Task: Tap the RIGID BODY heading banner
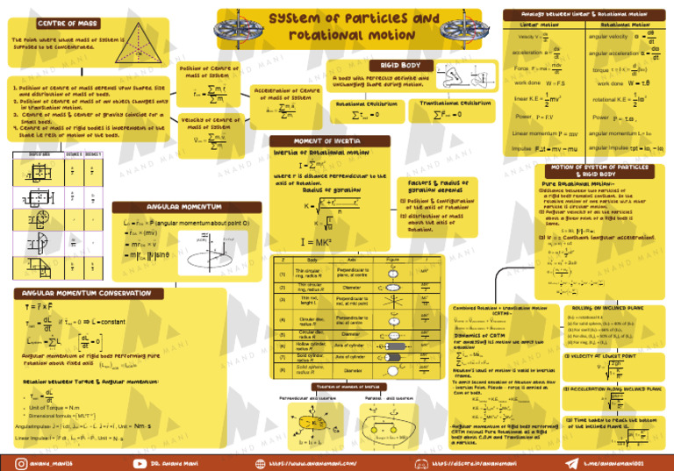coord(399,65)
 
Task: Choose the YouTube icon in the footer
coord(138,461)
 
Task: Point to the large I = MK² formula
coord(315,241)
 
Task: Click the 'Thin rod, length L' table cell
coord(309,301)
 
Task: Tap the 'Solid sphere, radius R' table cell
coord(310,370)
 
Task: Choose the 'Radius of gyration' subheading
coord(329,189)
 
